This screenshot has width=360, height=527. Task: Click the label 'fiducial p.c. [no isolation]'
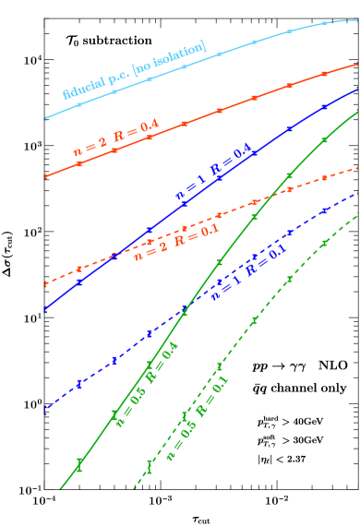tap(134, 70)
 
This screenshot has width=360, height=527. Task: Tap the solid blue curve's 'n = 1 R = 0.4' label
tap(213, 175)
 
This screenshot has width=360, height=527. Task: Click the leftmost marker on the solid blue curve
tap(79, 281)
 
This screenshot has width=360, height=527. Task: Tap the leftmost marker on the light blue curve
tap(79, 104)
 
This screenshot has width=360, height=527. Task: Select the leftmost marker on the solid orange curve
tap(79, 163)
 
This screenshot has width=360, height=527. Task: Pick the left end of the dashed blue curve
tap(45, 409)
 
